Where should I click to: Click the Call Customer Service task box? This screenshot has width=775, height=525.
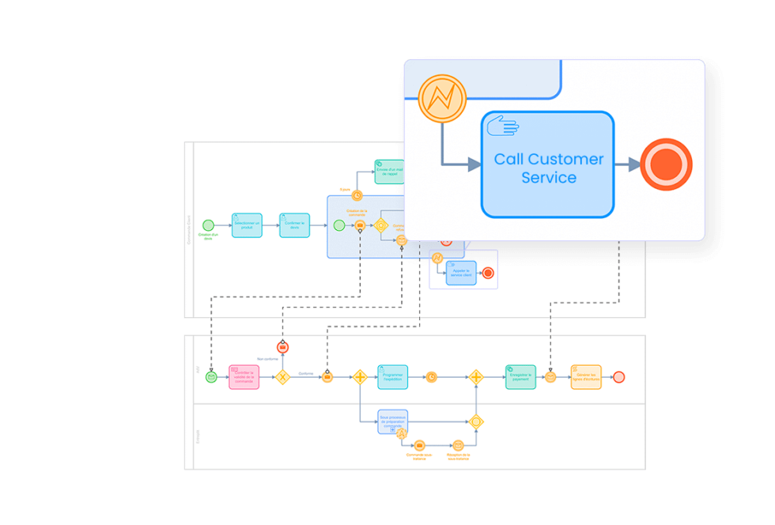coord(547,164)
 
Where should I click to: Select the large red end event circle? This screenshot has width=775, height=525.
coord(666,164)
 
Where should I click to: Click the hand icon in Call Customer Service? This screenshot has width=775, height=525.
coord(502,127)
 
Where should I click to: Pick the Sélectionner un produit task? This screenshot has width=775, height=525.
coord(247,225)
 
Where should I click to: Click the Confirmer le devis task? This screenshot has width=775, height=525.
coord(294,225)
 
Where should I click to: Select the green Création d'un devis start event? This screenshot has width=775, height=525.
coord(208,225)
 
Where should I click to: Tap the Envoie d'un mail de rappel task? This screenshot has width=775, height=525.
coord(389,172)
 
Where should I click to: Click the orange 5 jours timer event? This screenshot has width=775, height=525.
coord(357,196)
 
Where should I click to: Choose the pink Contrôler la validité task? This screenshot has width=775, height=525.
coord(244,377)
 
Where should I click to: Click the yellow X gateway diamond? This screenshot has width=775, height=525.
coord(282,377)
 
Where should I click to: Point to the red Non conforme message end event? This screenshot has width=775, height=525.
coord(282,347)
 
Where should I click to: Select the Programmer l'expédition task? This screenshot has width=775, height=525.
coord(392,377)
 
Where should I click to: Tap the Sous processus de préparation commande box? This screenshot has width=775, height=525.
coord(392,421)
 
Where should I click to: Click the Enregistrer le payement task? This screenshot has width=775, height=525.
coord(520,377)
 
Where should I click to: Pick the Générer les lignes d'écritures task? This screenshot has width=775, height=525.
coord(586,377)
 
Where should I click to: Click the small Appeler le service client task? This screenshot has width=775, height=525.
coord(461,273)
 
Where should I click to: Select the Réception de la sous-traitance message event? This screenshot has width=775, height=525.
coord(458,446)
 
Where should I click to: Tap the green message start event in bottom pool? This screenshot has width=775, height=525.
coord(211,377)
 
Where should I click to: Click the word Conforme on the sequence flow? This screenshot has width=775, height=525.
coord(305,373)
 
